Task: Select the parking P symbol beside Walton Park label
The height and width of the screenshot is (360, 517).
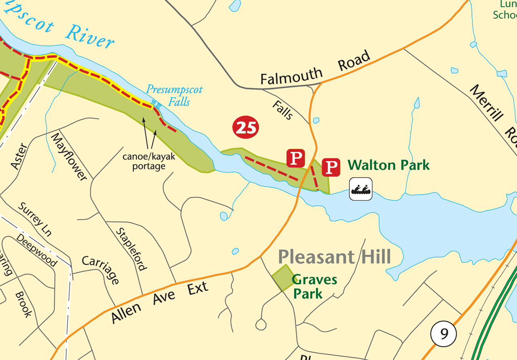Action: pyautogui.click(x=331, y=167)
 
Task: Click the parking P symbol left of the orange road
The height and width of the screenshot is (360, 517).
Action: pyautogui.click(x=296, y=158)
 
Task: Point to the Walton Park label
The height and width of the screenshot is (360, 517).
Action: pyautogui.click(x=388, y=165)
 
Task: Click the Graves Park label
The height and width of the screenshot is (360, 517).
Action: pyautogui.click(x=314, y=286)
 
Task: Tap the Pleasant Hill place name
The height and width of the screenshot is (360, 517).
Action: pyautogui.click(x=334, y=256)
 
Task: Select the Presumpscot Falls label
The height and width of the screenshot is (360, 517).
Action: pyautogui.click(x=174, y=95)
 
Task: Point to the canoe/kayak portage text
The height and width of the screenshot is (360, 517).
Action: pyautogui.click(x=149, y=162)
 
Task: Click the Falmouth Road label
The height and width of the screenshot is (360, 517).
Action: pyautogui.click(x=315, y=70)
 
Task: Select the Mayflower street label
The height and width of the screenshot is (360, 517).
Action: pyautogui.click(x=69, y=156)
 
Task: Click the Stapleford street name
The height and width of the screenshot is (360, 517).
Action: pyautogui.click(x=131, y=249)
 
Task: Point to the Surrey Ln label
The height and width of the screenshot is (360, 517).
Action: pyautogui.click(x=35, y=219)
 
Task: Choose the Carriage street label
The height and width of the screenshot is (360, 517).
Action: pyautogui.click(x=101, y=270)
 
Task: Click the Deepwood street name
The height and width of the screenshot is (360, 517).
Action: pyautogui.click(x=37, y=250)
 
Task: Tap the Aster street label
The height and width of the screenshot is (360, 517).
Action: pyautogui.click(x=18, y=156)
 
